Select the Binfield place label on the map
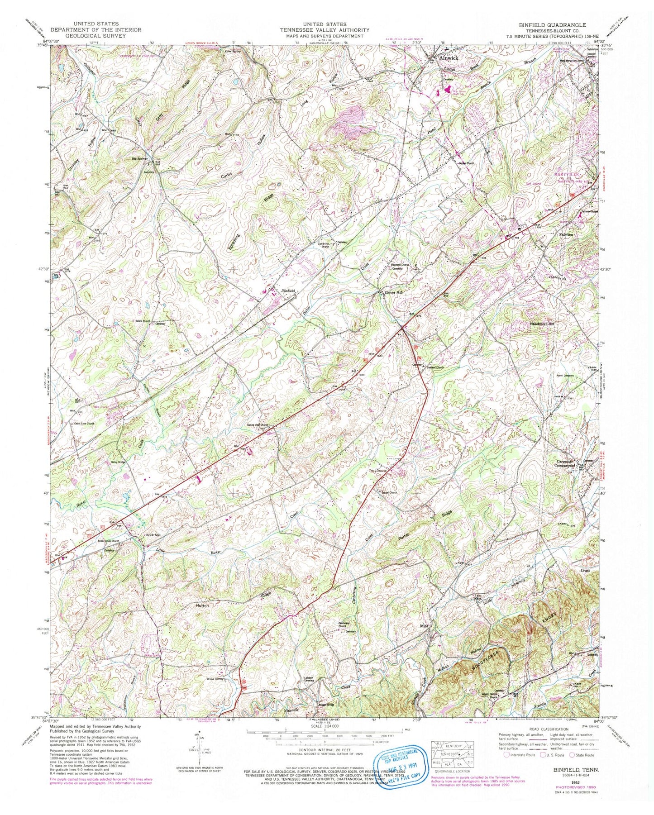(288, 291)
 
